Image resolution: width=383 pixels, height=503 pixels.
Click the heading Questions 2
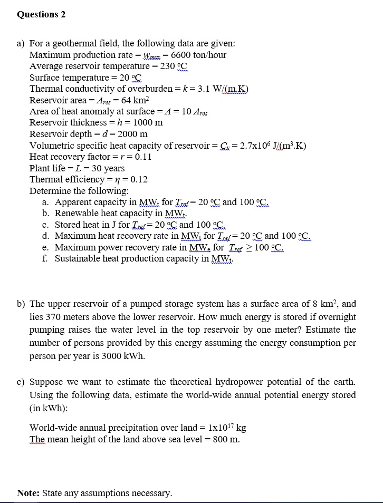[41, 14]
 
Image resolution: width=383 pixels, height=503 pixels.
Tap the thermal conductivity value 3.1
[200, 89]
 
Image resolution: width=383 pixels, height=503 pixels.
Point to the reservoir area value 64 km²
[135, 100]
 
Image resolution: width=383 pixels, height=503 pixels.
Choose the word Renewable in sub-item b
[77, 214]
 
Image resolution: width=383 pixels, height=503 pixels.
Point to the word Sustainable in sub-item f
[78, 258]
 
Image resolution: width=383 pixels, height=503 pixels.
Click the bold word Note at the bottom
[27, 493]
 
